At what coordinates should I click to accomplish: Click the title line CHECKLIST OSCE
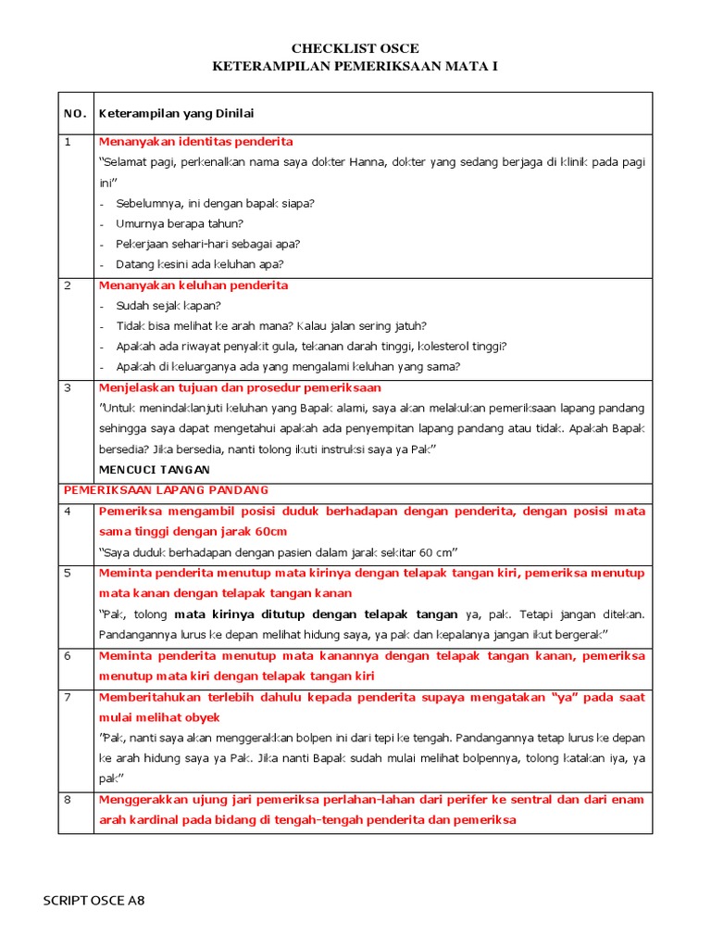pos(355,48)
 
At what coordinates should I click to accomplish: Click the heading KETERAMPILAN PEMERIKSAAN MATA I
pos(355,68)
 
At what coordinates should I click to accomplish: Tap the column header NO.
pos(75,113)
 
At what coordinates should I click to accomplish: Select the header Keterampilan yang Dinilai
pos(176,113)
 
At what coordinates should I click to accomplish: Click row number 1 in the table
pos(68,142)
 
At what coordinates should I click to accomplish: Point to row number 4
pos(68,512)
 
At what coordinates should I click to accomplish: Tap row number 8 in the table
pos(68,800)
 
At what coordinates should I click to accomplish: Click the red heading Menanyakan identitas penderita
pos(195,142)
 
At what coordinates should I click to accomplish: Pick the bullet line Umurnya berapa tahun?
pos(180,223)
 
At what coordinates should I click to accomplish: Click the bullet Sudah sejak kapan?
pos(168,306)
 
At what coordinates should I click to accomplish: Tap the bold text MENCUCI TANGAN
pos(154,470)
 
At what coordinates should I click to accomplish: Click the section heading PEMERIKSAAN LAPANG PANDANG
pos(165,490)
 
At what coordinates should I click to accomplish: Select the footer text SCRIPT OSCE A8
pos(94,900)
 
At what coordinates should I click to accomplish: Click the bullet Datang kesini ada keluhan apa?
pos(199,264)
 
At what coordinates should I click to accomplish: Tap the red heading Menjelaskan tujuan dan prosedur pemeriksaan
pos(240,387)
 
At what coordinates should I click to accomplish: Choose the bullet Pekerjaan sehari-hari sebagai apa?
pos(207,244)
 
